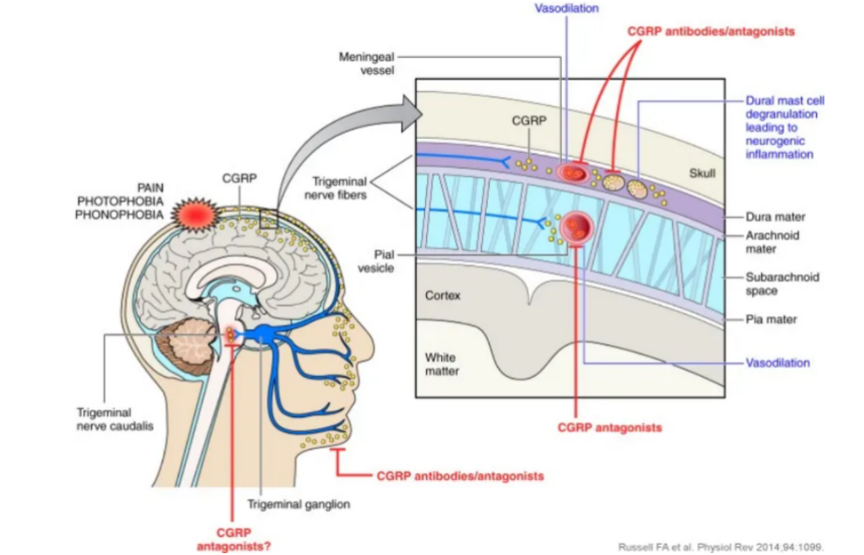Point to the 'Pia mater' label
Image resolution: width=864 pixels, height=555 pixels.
point(770,319)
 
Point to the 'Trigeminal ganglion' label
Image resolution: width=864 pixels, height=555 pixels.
point(298,504)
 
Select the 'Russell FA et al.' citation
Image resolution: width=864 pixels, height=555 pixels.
point(720,546)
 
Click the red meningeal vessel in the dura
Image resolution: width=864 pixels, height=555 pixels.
point(571,172)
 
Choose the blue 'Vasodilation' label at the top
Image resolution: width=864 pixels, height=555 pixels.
point(566,8)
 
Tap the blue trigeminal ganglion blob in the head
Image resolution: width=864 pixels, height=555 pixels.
point(266,334)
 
